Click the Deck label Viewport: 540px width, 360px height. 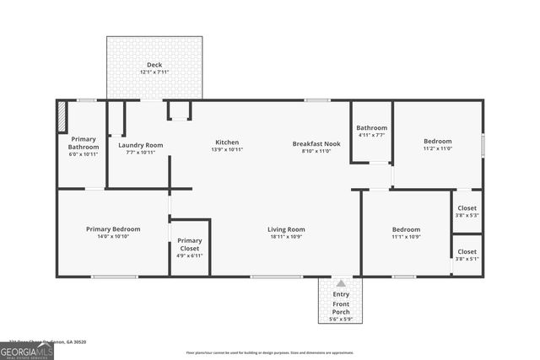(x=154, y=65)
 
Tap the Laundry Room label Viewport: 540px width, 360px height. (x=141, y=145)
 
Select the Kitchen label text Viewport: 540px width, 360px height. (x=227, y=142)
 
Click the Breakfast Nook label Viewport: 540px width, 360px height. (x=316, y=142)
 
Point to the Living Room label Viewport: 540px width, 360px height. (x=286, y=229)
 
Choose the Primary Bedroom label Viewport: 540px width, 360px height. (x=113, y=229)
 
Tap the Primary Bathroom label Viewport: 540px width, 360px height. (x=83, y=142)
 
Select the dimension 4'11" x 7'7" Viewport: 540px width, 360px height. (x=371, y=135)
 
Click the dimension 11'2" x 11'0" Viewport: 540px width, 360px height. (x=437, y=148)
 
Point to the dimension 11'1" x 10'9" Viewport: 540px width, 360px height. (x=406, y=237)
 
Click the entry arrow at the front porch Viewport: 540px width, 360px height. (x=341, y=284)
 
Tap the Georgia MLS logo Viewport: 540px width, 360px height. (x=27, y=351)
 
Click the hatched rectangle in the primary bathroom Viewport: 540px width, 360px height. (x=62, y=117)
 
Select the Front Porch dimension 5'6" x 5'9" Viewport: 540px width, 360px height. (x=341, y=319)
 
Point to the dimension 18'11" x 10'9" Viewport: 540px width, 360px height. (x=286, y=237)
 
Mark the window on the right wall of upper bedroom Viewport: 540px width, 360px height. (x=483, y=145)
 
